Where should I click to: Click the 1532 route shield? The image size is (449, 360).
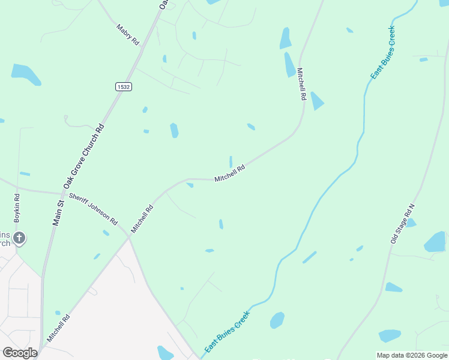click(x=124, y=87)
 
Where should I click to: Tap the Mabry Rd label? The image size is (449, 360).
click(x=127, y=35)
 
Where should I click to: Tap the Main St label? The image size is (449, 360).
click(x=58, y=213)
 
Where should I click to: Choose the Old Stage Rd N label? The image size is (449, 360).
click(x=402, y=223)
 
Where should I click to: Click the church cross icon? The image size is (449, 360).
click(x=19, y=238)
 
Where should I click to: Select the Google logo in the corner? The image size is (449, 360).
click(x=20, y=353)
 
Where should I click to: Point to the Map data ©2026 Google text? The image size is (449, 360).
click(x=411, y=355)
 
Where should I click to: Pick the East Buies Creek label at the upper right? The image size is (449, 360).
click(x=383, y=53)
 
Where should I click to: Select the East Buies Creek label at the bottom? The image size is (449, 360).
click(x=227, y=331)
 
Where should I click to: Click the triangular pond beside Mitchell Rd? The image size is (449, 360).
click(x=316, y=101)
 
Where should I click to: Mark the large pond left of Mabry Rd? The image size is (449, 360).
click(x=26, y=74)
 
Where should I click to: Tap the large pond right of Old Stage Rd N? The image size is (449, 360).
click(x=435, y=242)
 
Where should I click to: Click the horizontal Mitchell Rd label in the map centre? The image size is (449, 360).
click(x=230, y=174)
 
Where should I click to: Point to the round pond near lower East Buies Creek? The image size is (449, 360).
click(x=277, y=320)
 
